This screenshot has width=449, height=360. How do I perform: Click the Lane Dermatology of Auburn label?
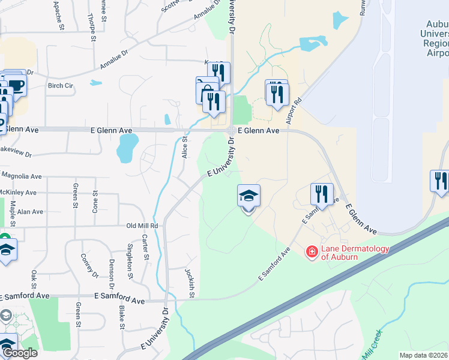coord(355,253)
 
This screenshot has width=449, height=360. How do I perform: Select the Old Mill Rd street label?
coord(142,226)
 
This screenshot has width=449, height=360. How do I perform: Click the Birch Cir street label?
coord(60,85)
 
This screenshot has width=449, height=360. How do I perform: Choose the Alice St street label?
coord(185,147)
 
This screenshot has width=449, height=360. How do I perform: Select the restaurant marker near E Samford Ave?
coord(322,193)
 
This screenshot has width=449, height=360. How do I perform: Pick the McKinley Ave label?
coord(19,193)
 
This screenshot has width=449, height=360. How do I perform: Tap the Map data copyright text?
coord(423,355)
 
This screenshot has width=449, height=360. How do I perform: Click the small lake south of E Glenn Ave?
coord(128,148)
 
